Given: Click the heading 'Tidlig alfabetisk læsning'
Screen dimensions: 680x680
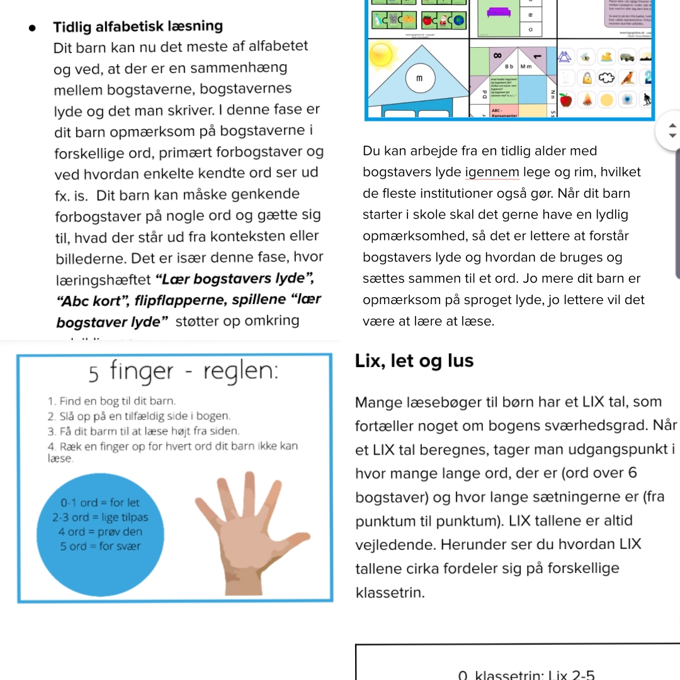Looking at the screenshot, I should pyautogui.click(x=138, y=26).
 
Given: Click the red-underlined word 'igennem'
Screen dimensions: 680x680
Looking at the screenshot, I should pyautogui.click(x=493, y=172).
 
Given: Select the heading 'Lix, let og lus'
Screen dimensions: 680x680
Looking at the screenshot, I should pyautogui.click(x=414, y=361).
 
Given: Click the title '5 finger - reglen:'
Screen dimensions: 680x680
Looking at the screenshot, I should pyautogui.click(x=183, y=371).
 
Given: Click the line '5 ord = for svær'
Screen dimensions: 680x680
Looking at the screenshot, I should pyautogui.click(x=100, y=546).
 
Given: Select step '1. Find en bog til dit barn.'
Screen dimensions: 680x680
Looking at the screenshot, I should pyautogui.click(x=112, y=401).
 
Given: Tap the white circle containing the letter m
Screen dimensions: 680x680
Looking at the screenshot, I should pyautogui.click(x=419, y=78).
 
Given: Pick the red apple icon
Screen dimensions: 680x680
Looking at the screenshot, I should pyautogui.click(x=565, y=99).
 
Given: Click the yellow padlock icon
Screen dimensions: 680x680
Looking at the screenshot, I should pyautogui.click(x=587, y=78).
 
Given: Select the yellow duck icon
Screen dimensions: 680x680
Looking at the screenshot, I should pyautogui.click(x=607, y=57).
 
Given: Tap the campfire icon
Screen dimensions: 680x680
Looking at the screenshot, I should pyautogui.click(x=586, y=99).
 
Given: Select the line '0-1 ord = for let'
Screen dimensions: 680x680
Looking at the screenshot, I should pyautogui.click(x=100, y=503).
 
